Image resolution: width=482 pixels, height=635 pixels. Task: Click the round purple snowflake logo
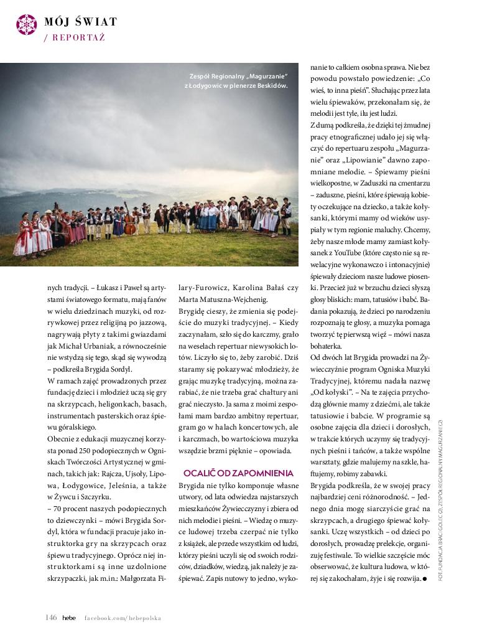(x=26, y=24)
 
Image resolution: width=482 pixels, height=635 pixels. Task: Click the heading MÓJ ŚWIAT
(x=80, y=22)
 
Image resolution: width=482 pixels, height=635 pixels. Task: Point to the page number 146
(x=51, y=618)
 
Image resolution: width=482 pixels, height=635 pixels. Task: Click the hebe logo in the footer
(x=69, y=618)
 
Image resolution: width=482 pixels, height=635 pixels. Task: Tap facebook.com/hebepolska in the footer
(x=123, y=618)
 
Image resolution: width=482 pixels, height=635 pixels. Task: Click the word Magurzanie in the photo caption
(x=268, y=76)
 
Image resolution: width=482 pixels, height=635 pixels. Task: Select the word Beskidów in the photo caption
(x=274, y=85)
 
